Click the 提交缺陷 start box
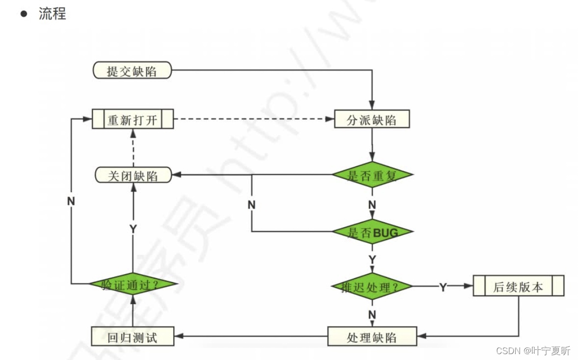click(132, 71)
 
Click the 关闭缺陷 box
click(132, 176)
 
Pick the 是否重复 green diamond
click(372, 175)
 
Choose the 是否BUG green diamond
click(372, 232)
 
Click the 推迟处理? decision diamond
click(371, 286)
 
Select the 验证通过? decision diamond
click(132, 284)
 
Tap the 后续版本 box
click(518, 286)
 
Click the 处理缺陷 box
click(372, 337)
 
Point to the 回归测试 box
click(132, 337)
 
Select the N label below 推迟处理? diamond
click(372, 314)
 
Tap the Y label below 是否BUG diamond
click(372, 258)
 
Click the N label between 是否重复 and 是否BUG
click(372, 205)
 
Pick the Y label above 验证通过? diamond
click(132, 229)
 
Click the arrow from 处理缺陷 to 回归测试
click(251, 336)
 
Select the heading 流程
click(52, 14)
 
